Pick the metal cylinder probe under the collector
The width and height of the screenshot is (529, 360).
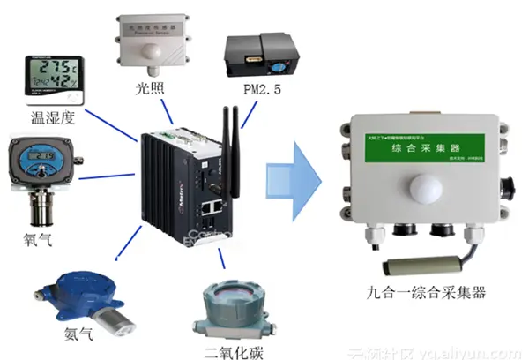[x=420, y=265]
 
